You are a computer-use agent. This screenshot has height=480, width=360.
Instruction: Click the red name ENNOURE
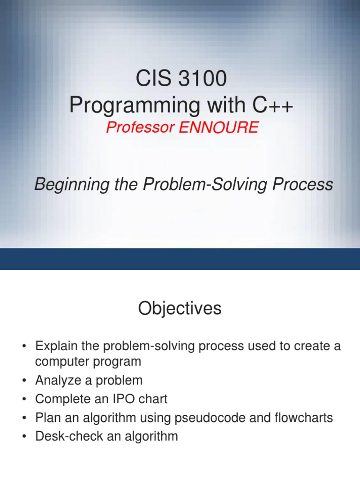(219, 127)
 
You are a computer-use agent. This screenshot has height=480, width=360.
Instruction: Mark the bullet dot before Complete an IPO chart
(24, 399)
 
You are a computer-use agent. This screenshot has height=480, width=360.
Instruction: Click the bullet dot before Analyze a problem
(24, 381)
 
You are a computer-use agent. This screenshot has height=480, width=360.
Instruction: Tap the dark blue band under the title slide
(180, 259)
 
